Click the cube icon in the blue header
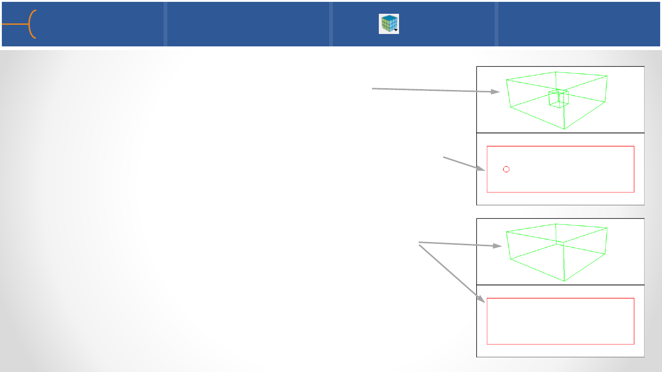388,23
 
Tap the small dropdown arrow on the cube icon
396,30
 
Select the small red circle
506,169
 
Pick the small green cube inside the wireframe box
559,98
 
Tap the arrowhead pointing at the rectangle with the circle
482,169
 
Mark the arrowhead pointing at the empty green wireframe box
497,246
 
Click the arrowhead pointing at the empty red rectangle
482,300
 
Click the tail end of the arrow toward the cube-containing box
372,89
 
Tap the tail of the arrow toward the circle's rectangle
443,158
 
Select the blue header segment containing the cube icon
413,24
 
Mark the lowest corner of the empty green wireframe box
564,281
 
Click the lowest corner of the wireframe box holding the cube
564,129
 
